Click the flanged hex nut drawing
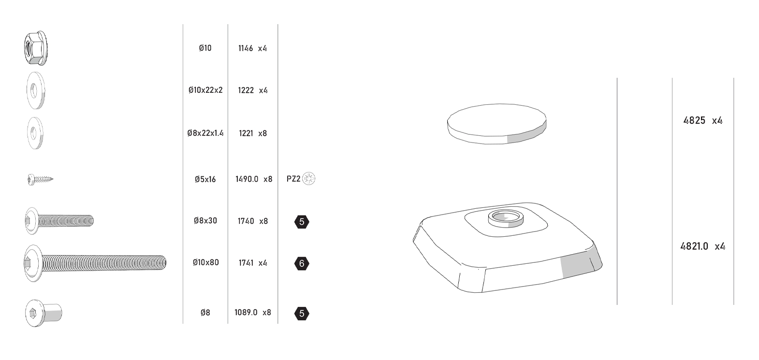click(36, 48)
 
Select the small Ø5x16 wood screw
click(40, 179)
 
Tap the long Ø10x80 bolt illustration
click(95, 263)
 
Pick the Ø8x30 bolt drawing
click(59, 221)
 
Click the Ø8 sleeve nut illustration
click(44, 313)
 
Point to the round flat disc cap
click(496, 124)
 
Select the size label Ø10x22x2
click(205, 90)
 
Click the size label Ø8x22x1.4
click(205, 133)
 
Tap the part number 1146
click(245, 48)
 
